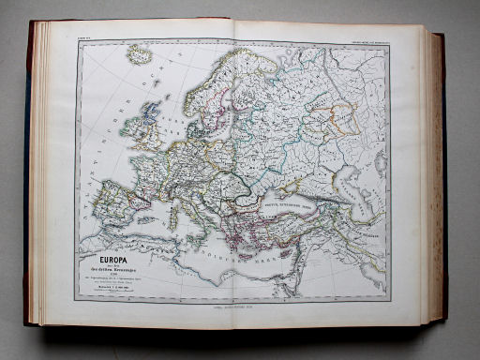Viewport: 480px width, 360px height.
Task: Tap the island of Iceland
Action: (140, 55)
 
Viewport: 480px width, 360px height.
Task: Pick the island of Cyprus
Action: (302, 249)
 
